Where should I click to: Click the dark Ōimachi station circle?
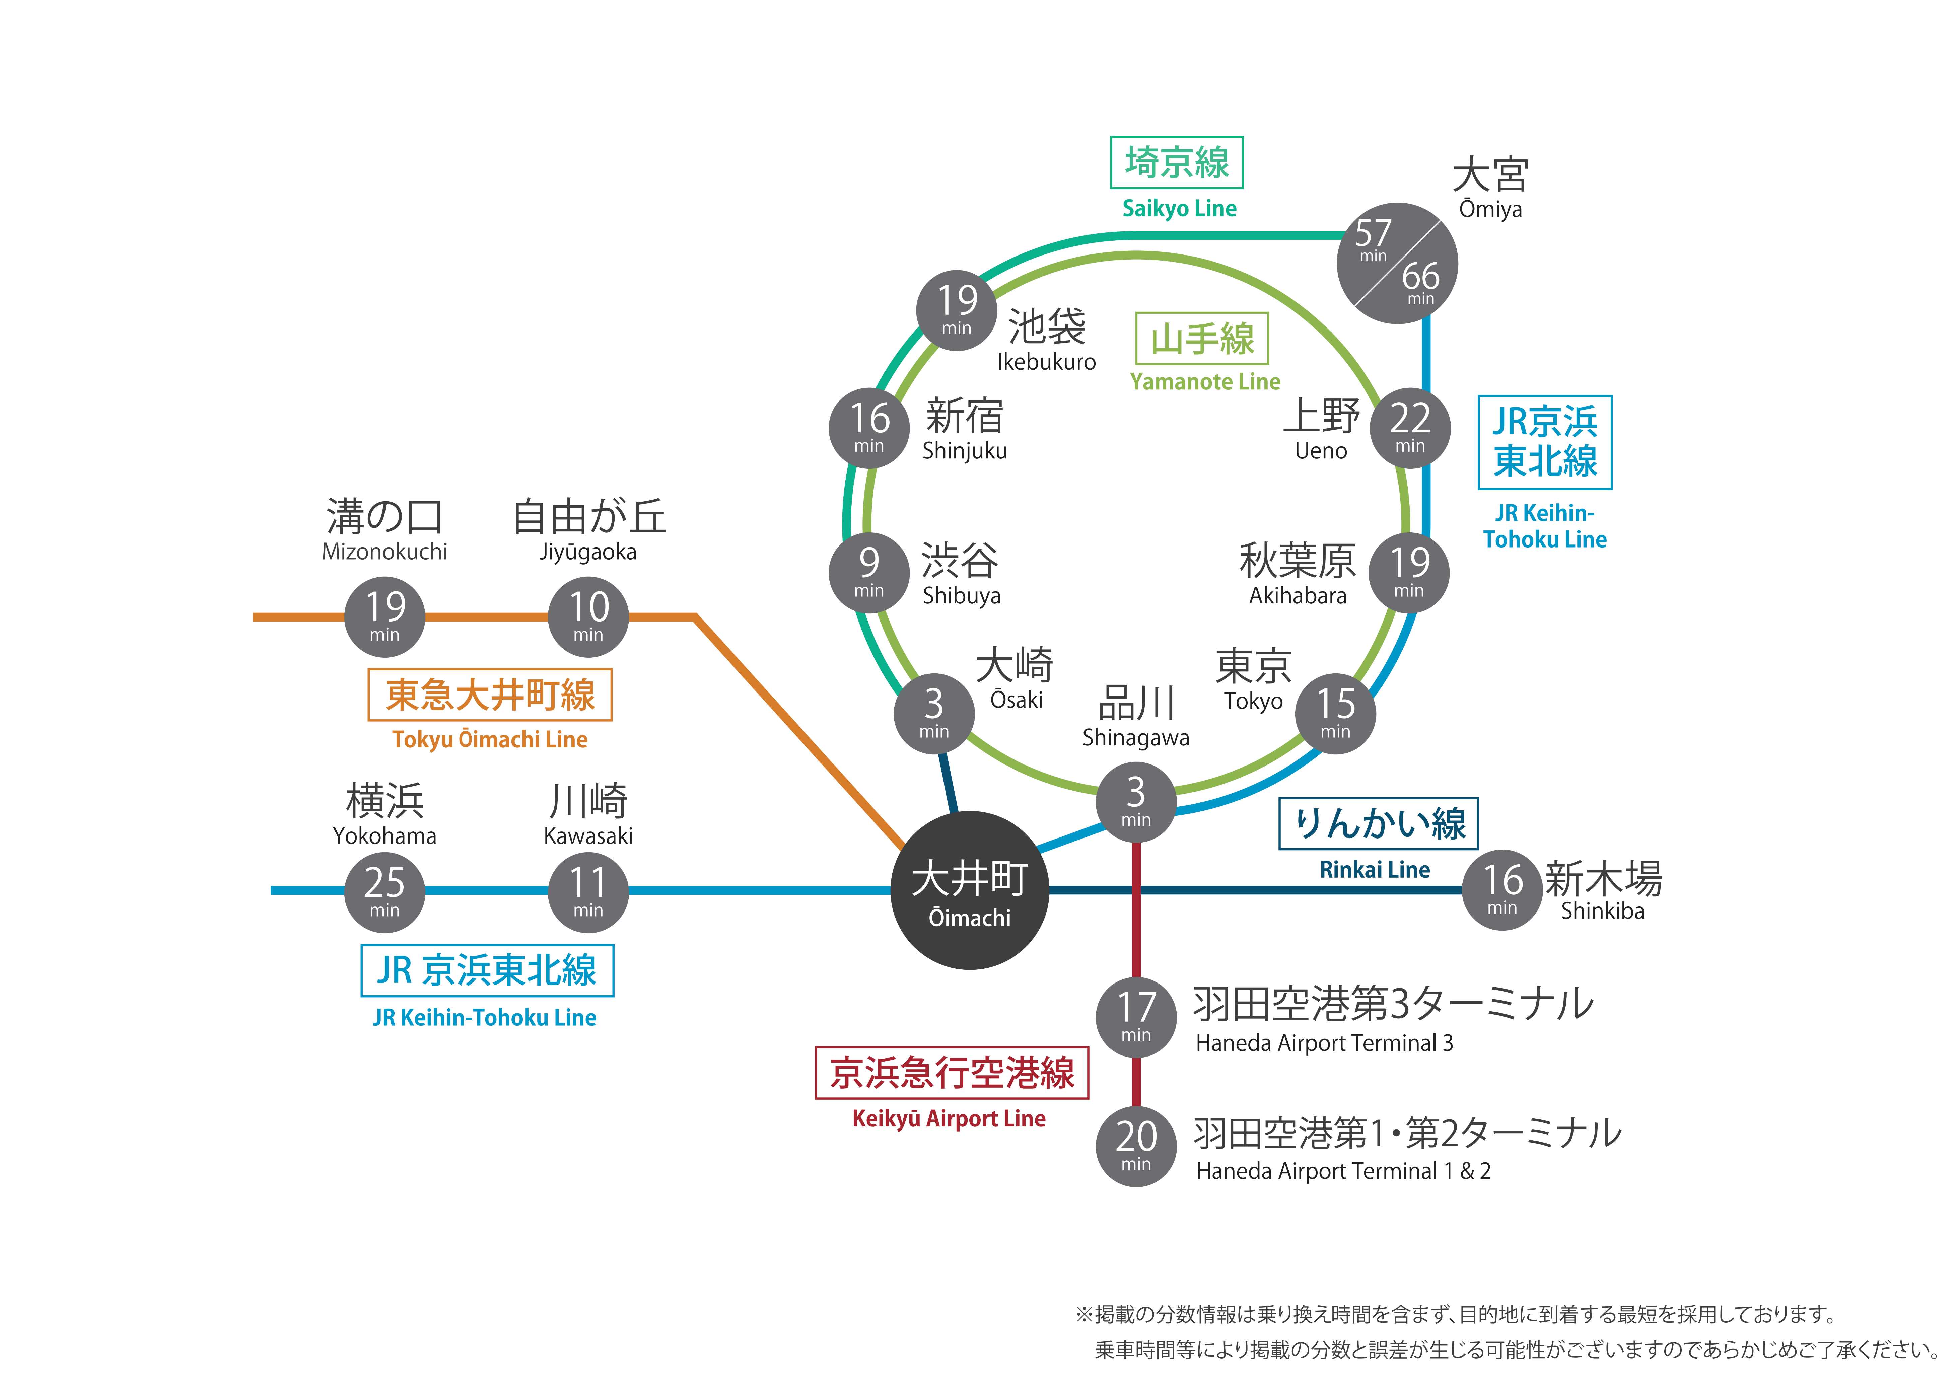[x=970, y=890]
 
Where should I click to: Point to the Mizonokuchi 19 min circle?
[x=384, y=616]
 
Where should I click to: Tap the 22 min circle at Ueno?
[x=1410, y=428]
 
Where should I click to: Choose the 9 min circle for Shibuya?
[x=869, y=572]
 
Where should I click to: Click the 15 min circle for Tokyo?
[x=1335, y=713]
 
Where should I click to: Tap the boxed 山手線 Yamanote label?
[x=1202, y=339]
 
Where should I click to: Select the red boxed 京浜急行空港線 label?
[x=952, y=1073]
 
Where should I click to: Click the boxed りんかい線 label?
[x=1378, y=824]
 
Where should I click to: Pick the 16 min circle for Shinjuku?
[x=869, y=428]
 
